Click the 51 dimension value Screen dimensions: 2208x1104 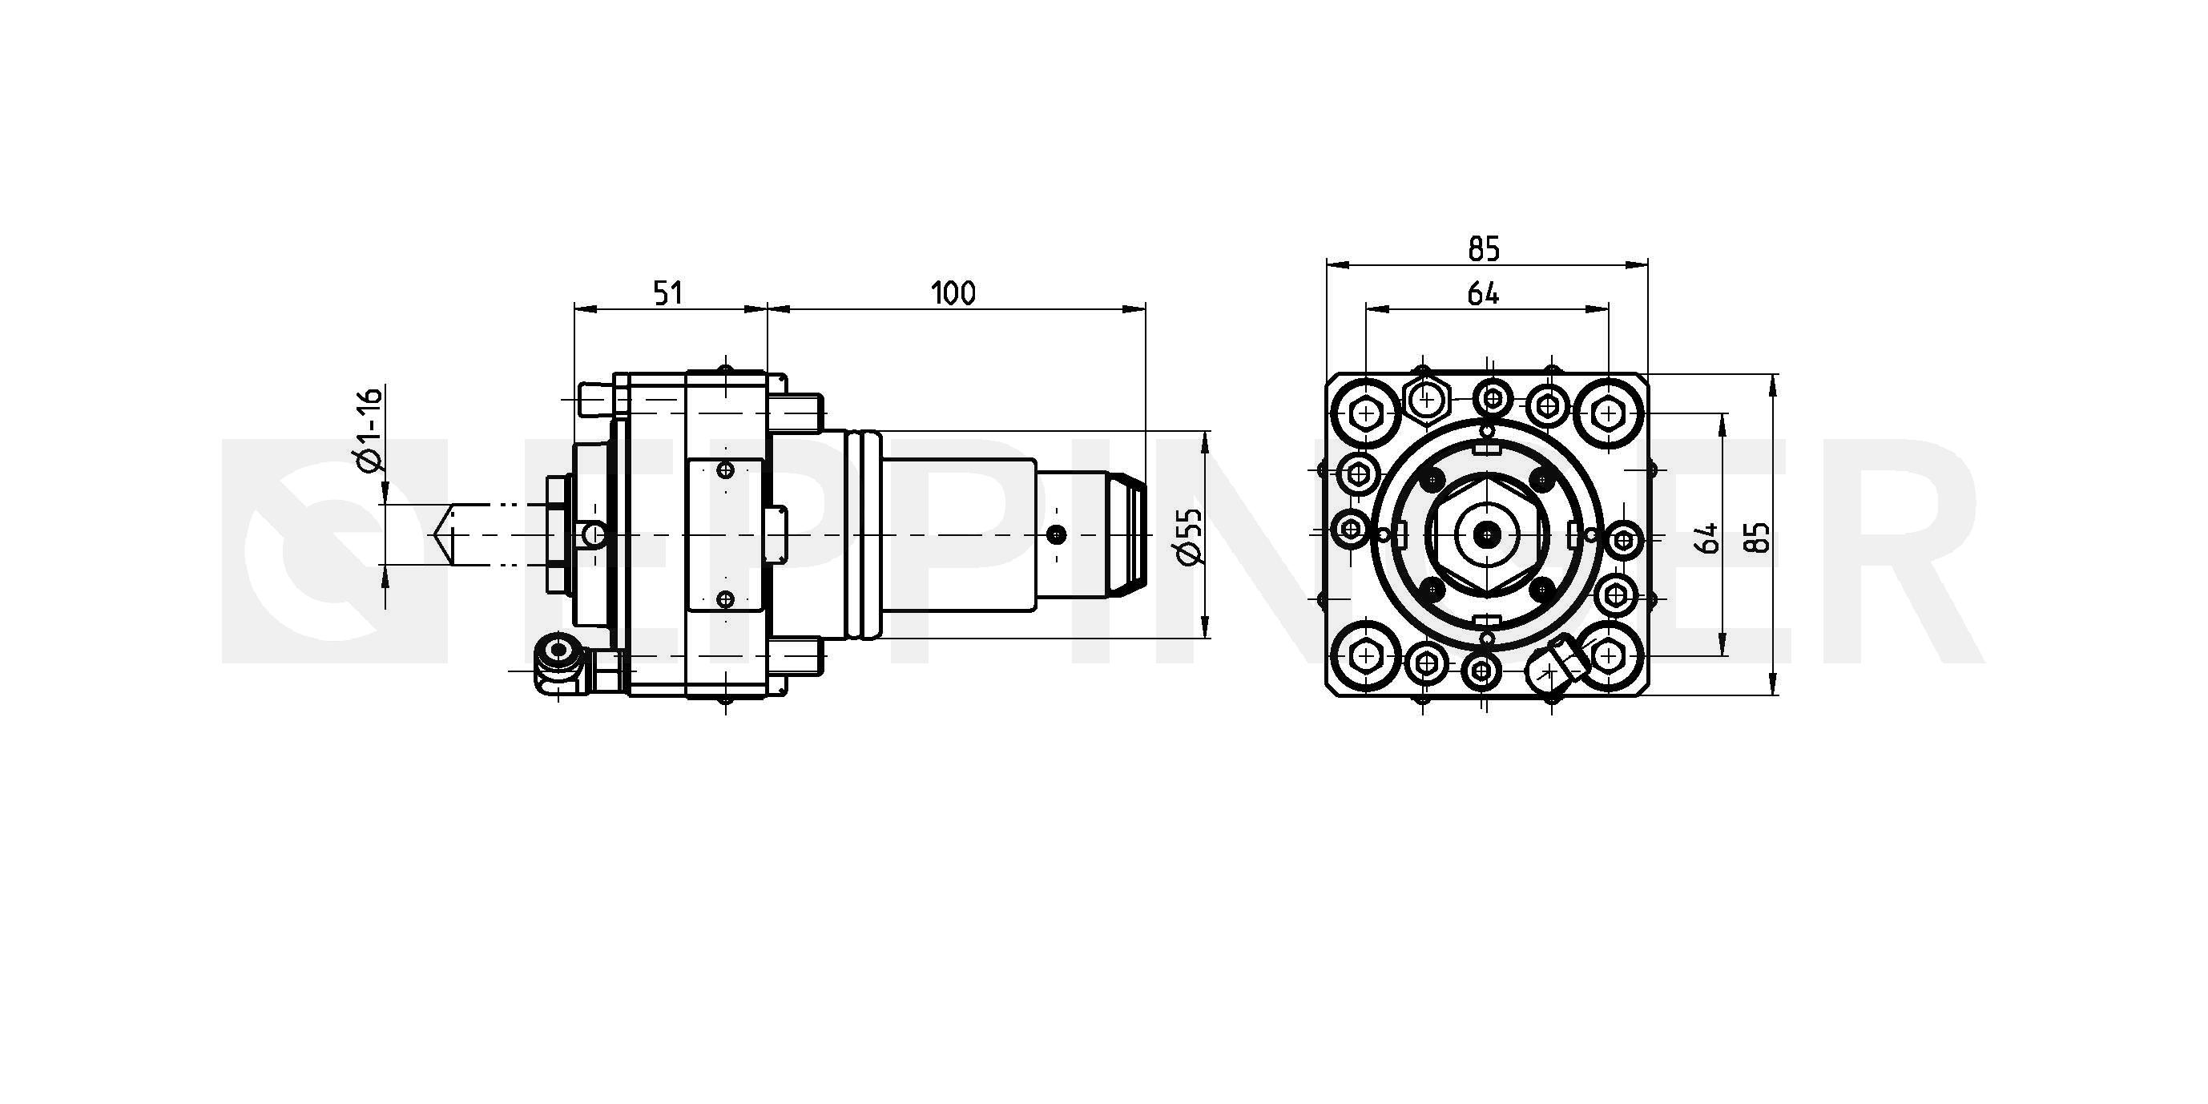(667, 293)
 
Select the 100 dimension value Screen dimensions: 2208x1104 (953, 293)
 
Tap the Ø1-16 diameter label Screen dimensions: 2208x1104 (369, 429)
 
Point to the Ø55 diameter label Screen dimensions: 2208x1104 (1191, 537)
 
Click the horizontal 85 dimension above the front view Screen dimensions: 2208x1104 (1484, 248)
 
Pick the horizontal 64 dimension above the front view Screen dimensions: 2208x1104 (1483, 294)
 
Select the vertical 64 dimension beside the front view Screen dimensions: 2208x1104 (1708, 538)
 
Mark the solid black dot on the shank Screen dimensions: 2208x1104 (1058, 535)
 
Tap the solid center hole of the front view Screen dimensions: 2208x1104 (1487, 536)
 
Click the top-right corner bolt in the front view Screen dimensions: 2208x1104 (1608, 415)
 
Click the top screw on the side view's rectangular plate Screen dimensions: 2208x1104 (726, 469)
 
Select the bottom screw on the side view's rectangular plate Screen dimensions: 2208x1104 (726, 598)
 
